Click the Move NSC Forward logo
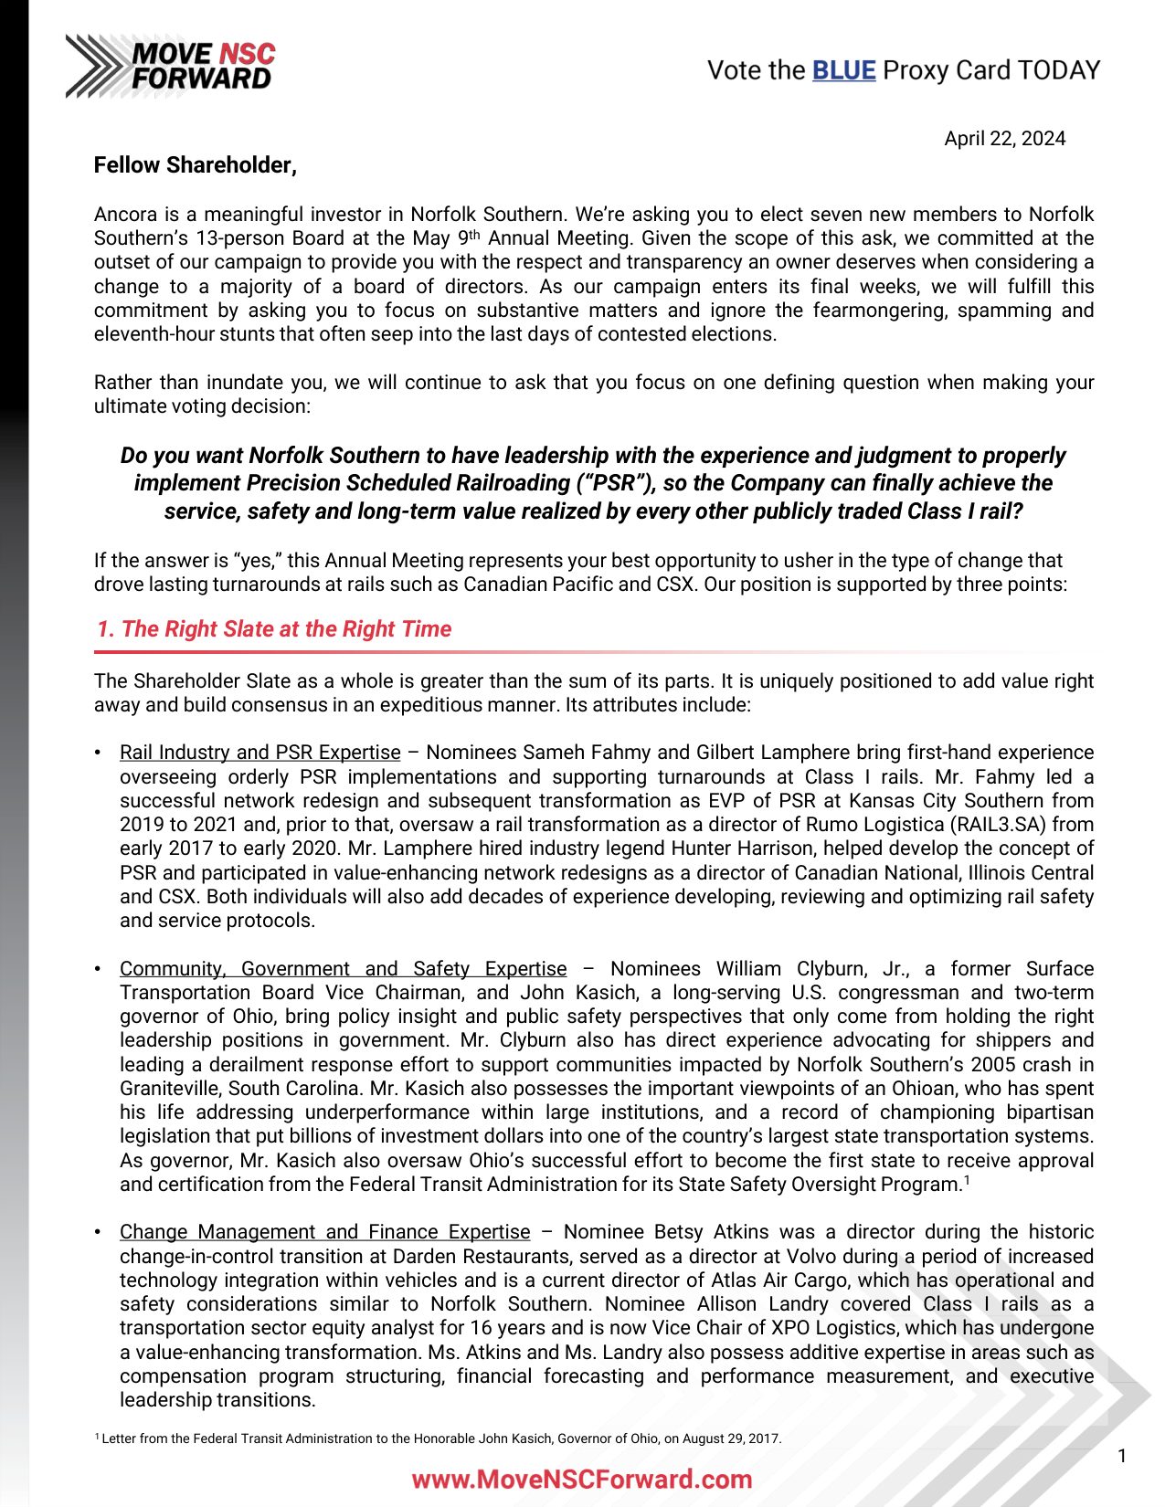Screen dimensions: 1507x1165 click(x=171, y=66)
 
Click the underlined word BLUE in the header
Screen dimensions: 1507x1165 click(x=843, y=70)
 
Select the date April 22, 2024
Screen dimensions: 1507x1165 click(x=1004, y=139)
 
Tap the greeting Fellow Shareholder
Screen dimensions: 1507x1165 click(x=195, y=165)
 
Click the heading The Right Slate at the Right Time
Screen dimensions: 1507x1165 click(x=274, y=629)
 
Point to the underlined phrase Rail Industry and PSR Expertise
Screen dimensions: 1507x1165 click(x=259, y=753)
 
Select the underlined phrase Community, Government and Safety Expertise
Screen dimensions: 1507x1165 click(x=343, y=969)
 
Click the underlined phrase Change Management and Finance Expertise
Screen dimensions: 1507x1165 click(x=324, y=1232)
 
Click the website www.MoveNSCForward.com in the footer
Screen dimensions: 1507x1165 click(x=582, y=1479)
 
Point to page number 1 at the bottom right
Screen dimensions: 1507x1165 click(x=1122, y=1456)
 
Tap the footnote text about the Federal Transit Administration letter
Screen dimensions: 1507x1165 click(x=439, y=1438)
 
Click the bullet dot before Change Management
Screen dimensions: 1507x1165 click(x=98, y=1232)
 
